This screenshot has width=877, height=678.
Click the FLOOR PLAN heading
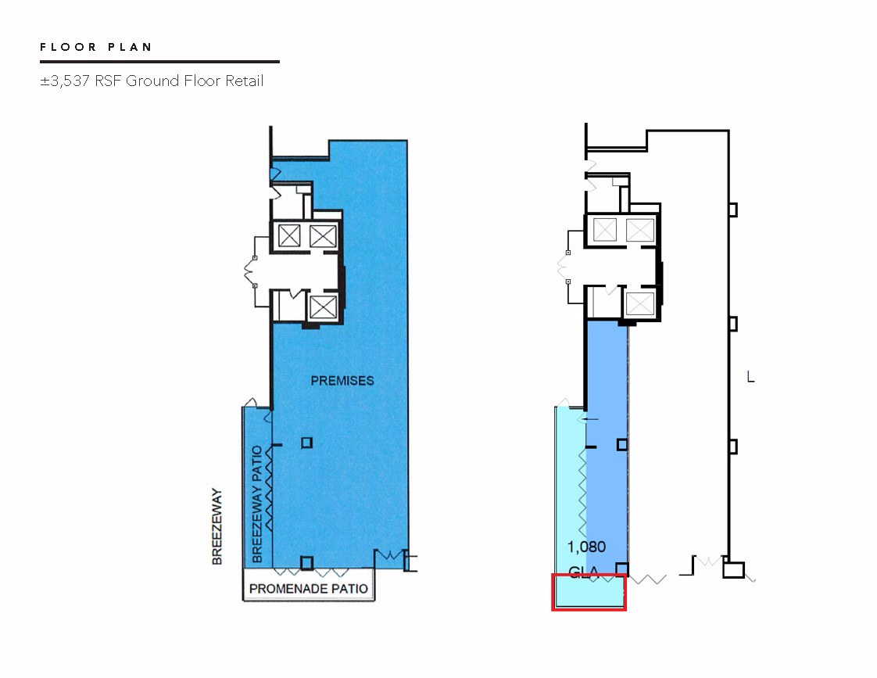click(x=95, y=47)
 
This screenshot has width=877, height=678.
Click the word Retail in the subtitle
click(x=244, y=81)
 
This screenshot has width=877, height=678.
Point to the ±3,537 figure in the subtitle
click(x=65, y=81)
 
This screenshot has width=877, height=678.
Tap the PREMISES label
click(x=342, y=381)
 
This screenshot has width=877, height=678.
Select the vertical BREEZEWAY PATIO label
click(x=257, y=504)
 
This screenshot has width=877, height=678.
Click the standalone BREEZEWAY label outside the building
click(x=217, y=526)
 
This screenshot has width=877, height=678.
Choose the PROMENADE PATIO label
click(x=308, y=589)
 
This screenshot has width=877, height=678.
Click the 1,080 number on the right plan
click(x=586, y=547)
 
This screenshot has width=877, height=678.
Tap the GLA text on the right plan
click(x=583, y=572)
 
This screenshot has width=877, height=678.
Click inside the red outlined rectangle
click(x=589, y=592)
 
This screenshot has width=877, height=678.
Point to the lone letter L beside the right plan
click(x=750, y=377)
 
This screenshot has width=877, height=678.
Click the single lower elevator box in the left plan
click(x=323, y=307)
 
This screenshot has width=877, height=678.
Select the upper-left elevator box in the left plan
click(x=289, y=235)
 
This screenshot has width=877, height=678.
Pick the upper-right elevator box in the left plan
click(x=323, y=235)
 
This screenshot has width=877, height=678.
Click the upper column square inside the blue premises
click(x=306, y=443)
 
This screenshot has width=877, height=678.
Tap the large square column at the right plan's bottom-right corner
click(x=733, y=570)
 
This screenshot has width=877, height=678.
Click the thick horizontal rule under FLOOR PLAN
click(x=159, y=62)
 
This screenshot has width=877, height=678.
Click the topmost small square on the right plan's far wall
click(x=732, y=210)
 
